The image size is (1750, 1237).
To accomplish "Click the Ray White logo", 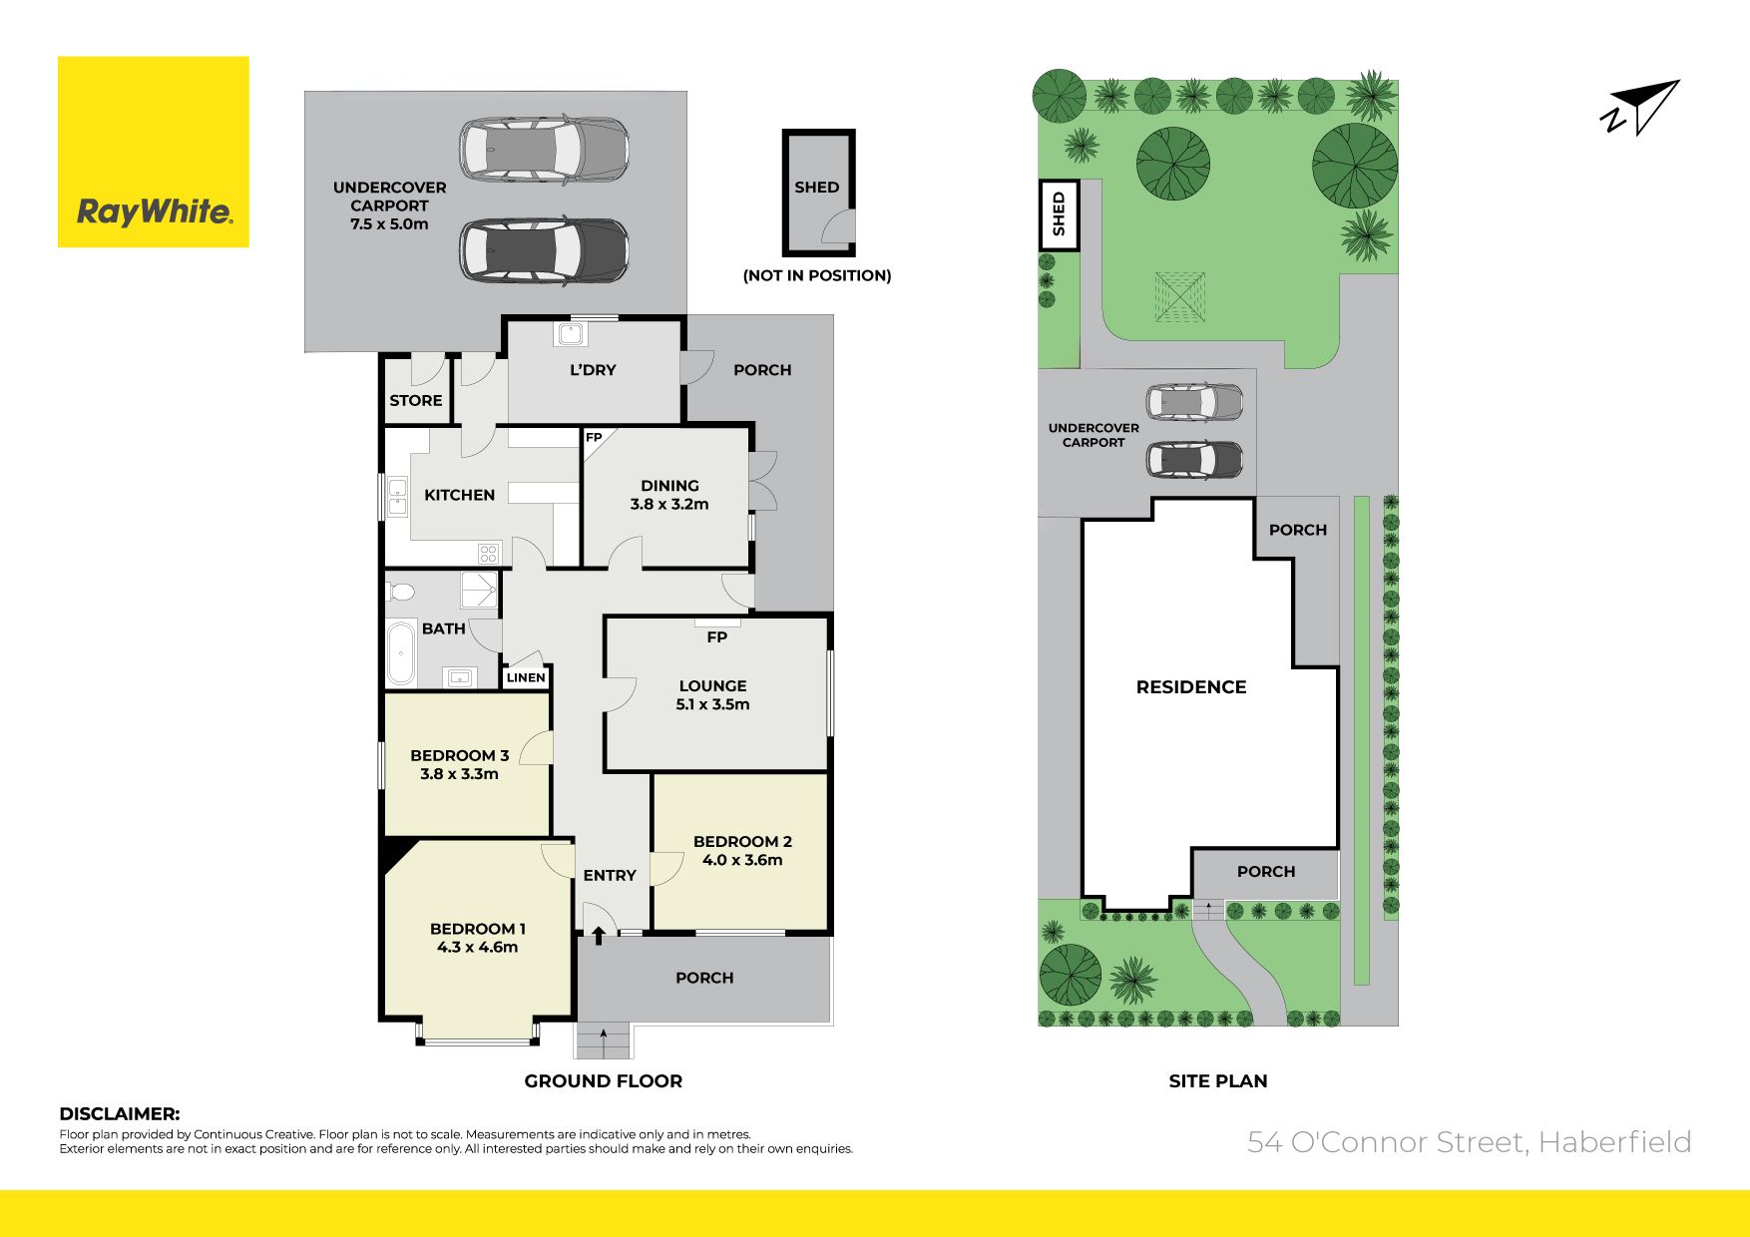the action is (x=154, y=152).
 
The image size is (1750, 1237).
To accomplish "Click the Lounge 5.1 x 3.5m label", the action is (x=712, y=695).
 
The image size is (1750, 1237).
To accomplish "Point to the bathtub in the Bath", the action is (x=401, y=653).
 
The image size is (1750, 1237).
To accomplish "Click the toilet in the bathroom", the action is (x=401, y=592).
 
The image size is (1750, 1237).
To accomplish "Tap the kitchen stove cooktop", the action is (x=488, y=553).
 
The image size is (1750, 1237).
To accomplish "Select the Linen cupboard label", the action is (x=526, y=677).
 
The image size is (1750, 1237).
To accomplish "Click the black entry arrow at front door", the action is (x=599, y=935).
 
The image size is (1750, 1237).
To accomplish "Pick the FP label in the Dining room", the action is (x=594, y=438).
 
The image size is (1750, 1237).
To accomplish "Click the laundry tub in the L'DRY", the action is (x=571, y=332).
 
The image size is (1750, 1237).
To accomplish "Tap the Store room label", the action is (x=416, y=400).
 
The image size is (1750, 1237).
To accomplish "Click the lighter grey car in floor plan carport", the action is (x=544, y=150).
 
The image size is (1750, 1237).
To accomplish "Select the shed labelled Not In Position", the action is (x=818, y=193).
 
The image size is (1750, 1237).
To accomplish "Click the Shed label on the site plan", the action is (x=1059, y=213).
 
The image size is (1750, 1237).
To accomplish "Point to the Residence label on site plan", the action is (x=1191, y=686).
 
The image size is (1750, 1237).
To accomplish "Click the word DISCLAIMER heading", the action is (x=120, y=1114).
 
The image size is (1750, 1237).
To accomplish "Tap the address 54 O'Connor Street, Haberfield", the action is (x=1470, y=1142).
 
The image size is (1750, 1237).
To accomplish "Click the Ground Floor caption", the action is (x=604, y=1080).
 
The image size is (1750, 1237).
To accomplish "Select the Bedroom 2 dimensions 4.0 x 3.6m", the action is (x=742, y=860).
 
